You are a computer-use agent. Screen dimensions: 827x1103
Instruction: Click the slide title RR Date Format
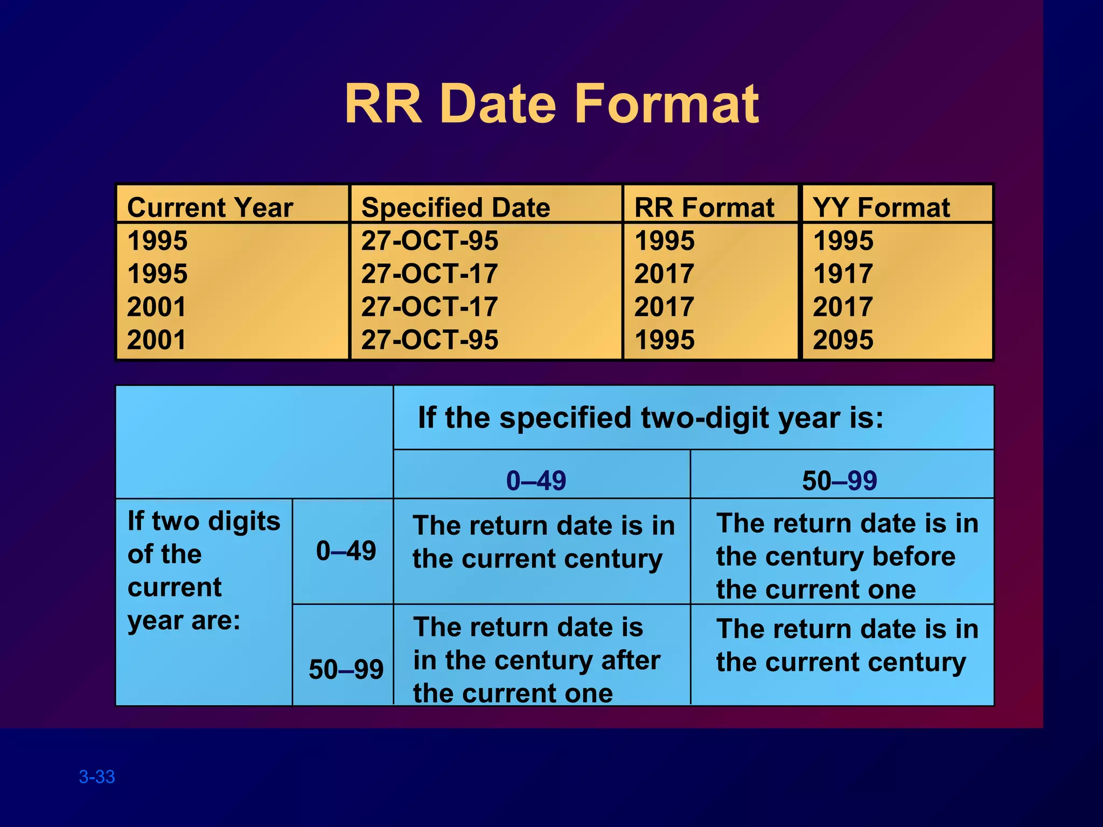click(551, 103)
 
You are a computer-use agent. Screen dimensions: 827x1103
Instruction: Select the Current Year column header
click(210, 207)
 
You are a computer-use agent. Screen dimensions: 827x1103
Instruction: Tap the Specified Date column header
click(456, 207)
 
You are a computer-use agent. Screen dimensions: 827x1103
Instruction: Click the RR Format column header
click(704, 207)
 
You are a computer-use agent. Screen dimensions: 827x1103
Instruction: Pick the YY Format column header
click(881, 207)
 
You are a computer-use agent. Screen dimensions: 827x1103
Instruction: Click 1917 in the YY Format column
click(843, 274)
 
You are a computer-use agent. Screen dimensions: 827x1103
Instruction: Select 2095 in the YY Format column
click(843, 340)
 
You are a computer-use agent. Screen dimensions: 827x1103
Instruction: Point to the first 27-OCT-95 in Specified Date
click(430, 241)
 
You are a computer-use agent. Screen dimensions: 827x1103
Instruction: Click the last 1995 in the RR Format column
click(665, 340)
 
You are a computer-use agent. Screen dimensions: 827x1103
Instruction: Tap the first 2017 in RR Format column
click(665, 274)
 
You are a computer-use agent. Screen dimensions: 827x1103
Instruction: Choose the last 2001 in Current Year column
click(157, 340)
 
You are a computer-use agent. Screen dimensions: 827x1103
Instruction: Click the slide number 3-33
click(97, 777)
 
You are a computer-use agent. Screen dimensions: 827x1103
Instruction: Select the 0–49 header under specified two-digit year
click(536, 480)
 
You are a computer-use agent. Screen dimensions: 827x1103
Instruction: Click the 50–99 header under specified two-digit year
click(840, 480)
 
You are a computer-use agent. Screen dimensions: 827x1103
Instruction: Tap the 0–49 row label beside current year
click(346, 551)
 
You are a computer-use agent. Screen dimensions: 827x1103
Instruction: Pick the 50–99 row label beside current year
click(346, 670)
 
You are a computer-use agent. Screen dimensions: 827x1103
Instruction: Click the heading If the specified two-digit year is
click(651, 418)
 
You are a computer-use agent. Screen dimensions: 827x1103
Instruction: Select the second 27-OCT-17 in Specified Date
click(430, 307)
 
